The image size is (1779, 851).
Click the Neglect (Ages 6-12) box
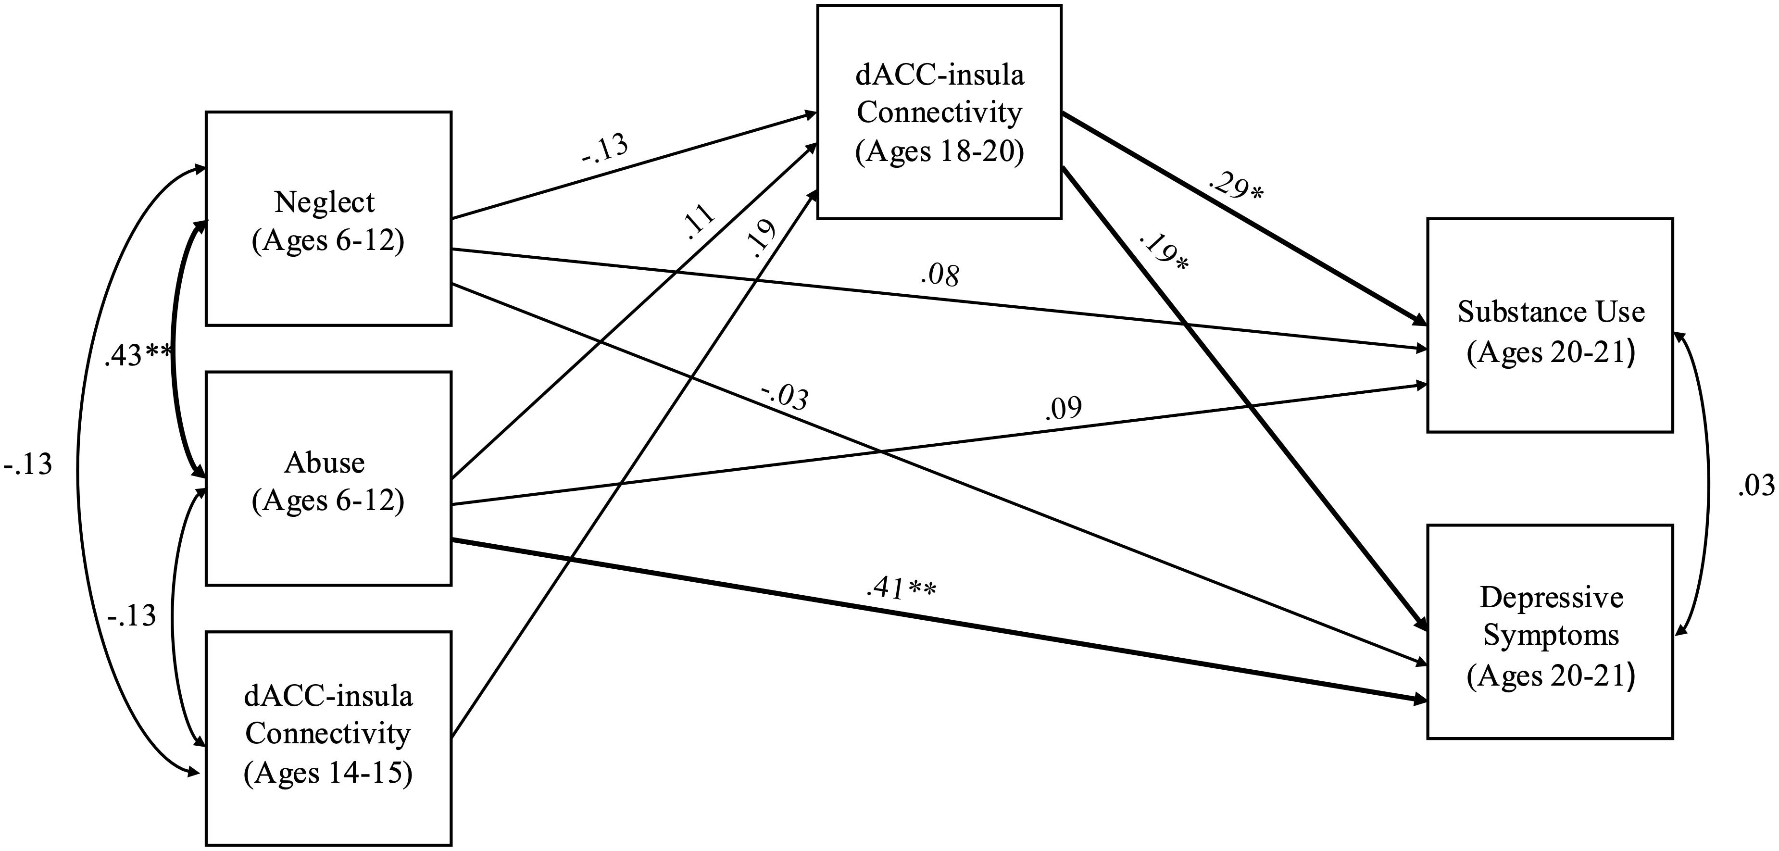pyautogui.click(x=328, y=218)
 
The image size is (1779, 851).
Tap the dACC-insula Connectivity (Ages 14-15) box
pyautogui.click(x=328, y=738)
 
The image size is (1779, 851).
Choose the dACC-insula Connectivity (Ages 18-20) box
pyautogui.click(x=939, y=112)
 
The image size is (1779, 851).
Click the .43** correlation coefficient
pyautogui.click(x=138, y=356)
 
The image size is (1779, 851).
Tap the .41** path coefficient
pyautogui.click(x=900, y=588)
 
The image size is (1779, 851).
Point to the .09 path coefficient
pyautogui.click(x=1063, y=409)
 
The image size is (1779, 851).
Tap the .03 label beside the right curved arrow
pyautogui.click(x=1755, y=486)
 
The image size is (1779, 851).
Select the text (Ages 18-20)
pyautogui.click(x=939, y=150)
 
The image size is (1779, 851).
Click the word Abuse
pyautogui.click(x=324, y=462)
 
